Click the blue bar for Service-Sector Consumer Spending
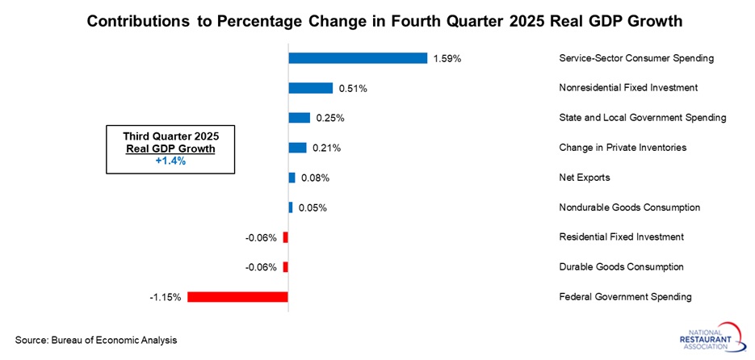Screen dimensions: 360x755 click(x=358, y=58)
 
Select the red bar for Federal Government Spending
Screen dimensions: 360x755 click(x=237, y=297)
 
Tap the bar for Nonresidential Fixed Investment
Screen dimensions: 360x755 click(x=311, y=88)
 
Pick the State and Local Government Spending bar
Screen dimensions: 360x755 click(x=300, y=118)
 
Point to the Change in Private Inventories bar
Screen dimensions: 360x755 click(x=298, y=148)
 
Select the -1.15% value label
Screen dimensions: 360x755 click(x=166, y=297)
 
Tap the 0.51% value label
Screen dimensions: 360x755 click(x=352, y=89)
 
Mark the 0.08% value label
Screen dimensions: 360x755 click(x=315, y=178)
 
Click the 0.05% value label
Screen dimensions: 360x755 click(x=312, y=207)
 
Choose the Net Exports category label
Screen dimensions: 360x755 click(x=584, y=178)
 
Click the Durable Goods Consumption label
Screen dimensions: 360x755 click(x=621, y=267)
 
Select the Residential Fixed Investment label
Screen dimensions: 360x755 click(x=621, y=237)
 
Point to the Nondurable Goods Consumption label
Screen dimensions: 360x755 click(x=629, y=207)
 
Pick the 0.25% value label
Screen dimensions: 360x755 click(x=329, y=119)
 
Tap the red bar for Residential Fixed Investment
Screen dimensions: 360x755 click(x=285, y=237)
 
